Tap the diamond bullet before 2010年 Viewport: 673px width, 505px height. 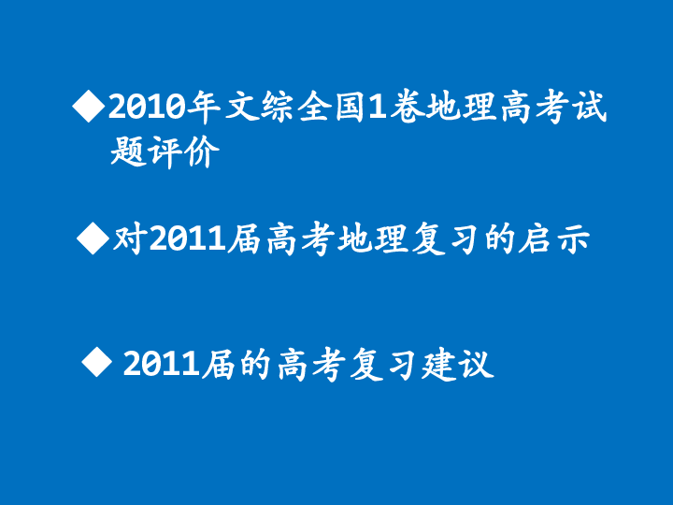[88, 108]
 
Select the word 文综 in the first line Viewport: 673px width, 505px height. [260, 109]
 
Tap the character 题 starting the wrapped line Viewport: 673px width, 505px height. [126, 152]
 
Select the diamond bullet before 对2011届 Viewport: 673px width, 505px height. [92, 238]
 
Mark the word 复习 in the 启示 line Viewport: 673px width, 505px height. [444, 240]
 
